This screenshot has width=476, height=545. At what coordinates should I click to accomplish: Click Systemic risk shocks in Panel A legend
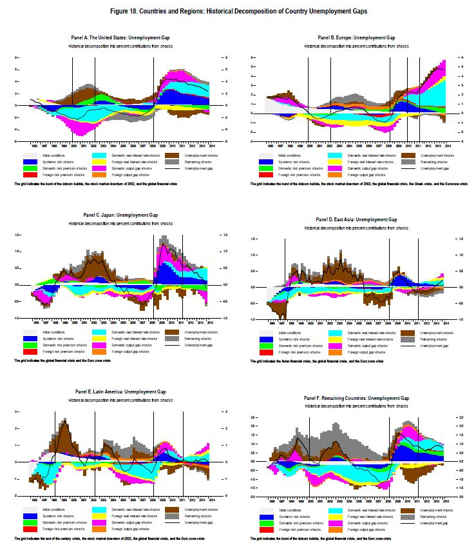(54, 161)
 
